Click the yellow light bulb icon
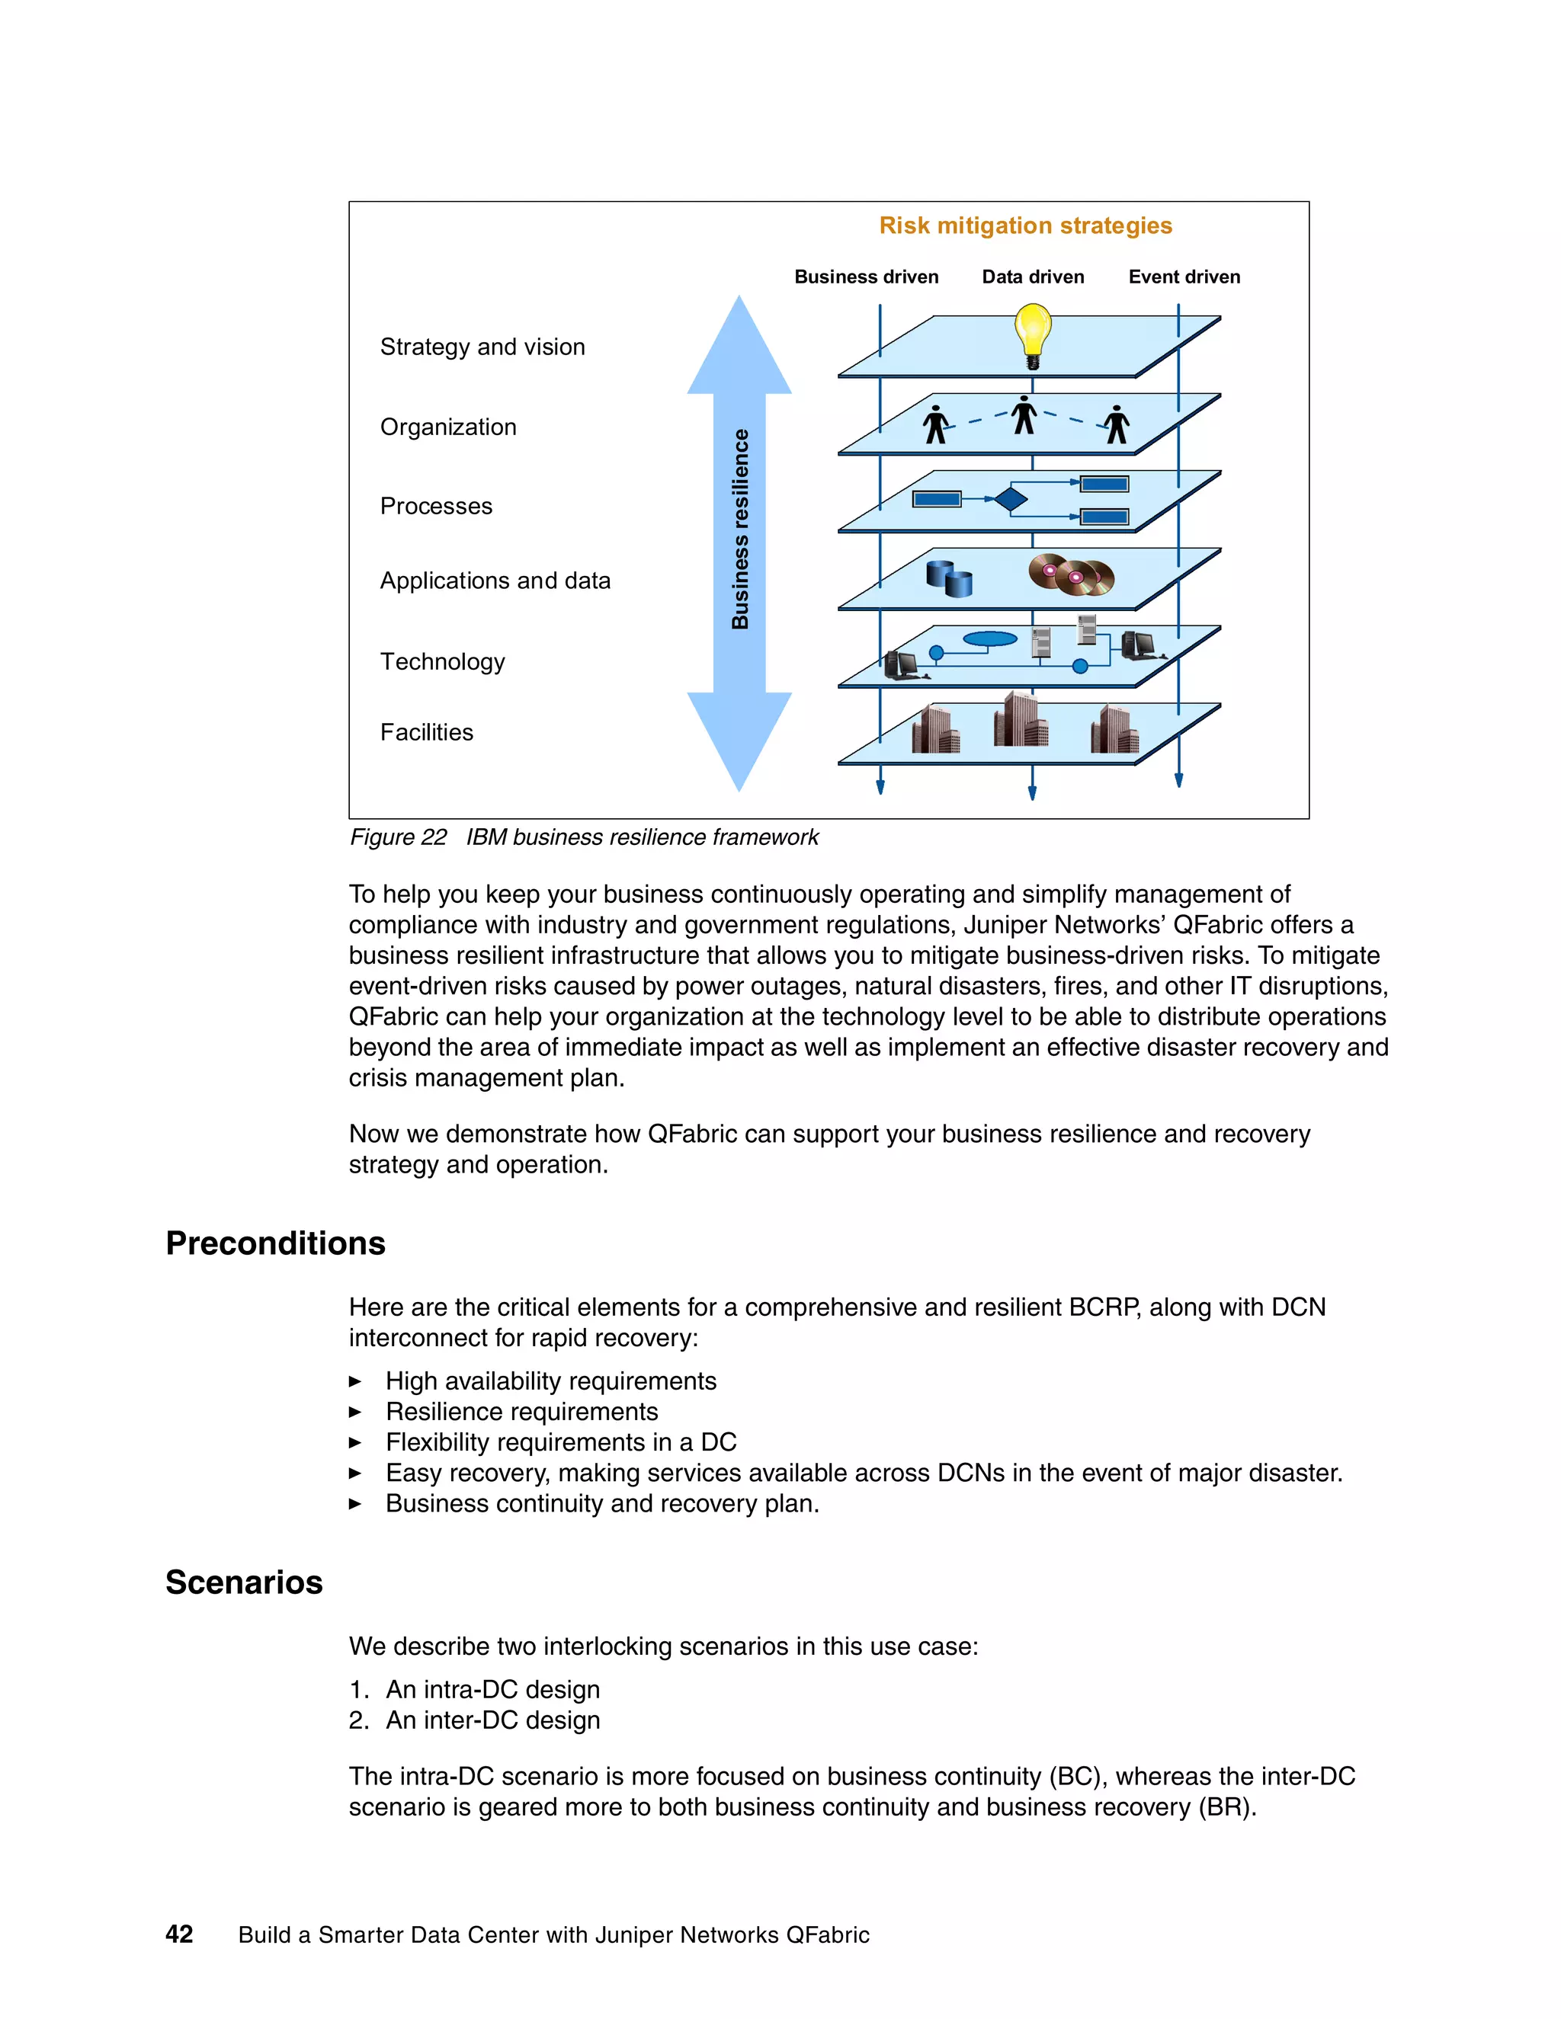1032,333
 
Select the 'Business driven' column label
866,277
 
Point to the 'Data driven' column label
1032,277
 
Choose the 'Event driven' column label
1184,277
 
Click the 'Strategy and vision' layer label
482,347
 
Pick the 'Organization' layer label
447,427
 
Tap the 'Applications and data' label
495,581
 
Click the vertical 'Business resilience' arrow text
740,529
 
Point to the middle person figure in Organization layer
1023,415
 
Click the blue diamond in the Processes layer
1011,499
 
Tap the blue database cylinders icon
949,579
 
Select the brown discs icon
1072,575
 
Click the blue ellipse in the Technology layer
989,638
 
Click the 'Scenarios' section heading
244,1582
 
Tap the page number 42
179,1934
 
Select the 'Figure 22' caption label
398,837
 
